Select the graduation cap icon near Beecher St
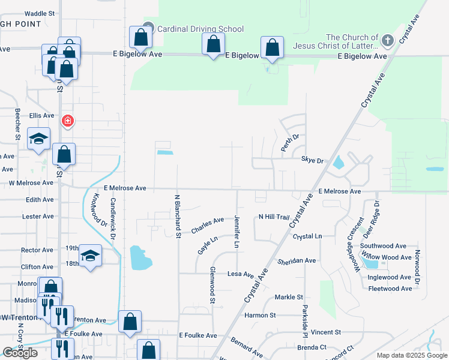click(x=39, y=139)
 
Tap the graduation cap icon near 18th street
click(x=90, y=256)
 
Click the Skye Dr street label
click(x=312, y=161)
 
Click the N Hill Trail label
click(x=274, y=217)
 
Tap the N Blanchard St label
click(x=178, y=215)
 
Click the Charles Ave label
click(x=207, y=226)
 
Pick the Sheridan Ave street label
click(x=297, y=261)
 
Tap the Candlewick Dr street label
click(x=112, y=220)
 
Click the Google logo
click(x=20, y=353)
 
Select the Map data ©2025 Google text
click(x=411, y=355)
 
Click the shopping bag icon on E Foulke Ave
click(x=130, y=322)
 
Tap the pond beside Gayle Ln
click(x=140, y=257)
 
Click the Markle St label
click(x=289, y=297)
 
